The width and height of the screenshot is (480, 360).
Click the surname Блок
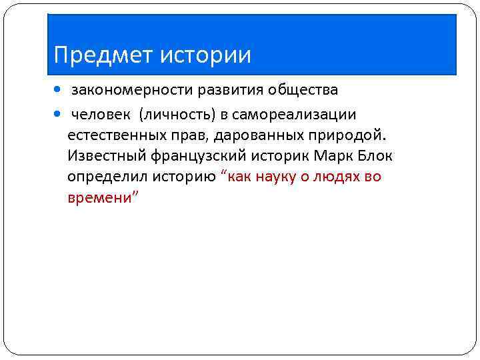(x=374, y=157)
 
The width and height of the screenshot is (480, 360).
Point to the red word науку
(x=276, y=177)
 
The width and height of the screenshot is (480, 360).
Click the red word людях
(x=338, y=177)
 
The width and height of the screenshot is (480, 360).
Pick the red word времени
(x=100, y=199)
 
